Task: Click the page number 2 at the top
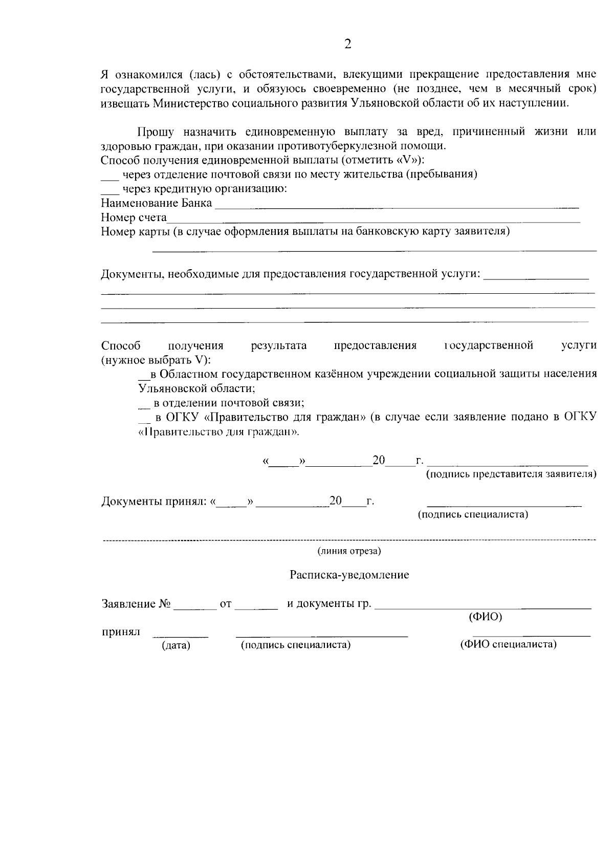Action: [x=348, y=44]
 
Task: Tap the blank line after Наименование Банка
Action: [x=397, y=207]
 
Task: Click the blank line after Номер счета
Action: [x=374, y=221]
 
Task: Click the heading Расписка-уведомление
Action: [x=349, y=575]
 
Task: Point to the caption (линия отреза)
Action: [x=349, y=551]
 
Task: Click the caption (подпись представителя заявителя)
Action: [x=511, y=474]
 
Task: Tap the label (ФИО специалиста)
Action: [x=508, y=644]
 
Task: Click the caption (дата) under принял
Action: [x=176, y=645]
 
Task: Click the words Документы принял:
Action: [x=154, y=501]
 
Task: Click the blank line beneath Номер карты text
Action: [x=375, y=250]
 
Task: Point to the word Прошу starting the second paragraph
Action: [x=156, y=132]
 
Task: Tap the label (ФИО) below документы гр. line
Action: [x=486, y=617]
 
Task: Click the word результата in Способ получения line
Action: [x=279, y=345]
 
